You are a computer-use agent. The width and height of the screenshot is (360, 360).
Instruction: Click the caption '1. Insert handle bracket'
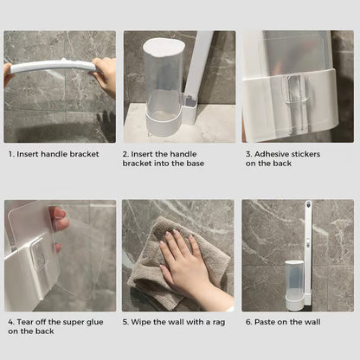click(54, 154)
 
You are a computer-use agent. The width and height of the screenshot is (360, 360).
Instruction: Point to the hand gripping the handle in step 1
click(106, 75)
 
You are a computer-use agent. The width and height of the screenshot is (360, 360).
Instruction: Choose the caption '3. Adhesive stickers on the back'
click(282, 158)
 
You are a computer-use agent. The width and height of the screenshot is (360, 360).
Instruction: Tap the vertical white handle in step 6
click(306, 242)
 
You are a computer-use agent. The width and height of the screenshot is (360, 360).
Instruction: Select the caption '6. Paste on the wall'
click(282, 322)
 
